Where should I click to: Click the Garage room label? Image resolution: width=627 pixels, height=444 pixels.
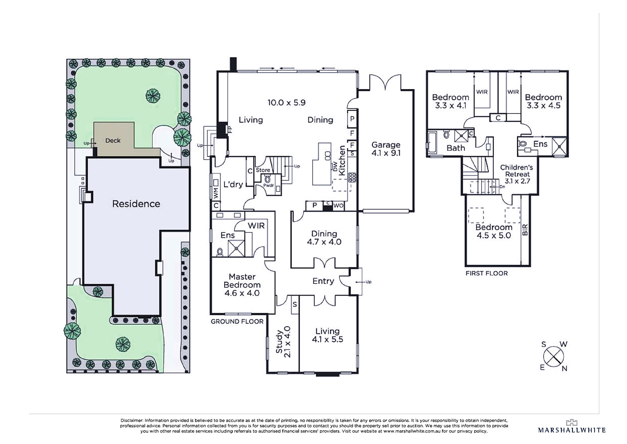pos(386,149)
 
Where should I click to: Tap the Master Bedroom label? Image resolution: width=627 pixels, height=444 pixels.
pos(242,285)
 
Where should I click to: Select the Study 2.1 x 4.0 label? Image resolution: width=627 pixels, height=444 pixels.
pos(283,342)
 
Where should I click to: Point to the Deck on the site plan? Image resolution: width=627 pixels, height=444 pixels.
pos(113,141)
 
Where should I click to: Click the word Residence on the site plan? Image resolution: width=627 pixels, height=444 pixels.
pos(136,204)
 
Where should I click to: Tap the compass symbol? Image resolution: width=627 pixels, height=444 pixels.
pos(553,356)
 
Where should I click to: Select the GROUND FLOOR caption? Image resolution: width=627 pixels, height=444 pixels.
pos(237,322)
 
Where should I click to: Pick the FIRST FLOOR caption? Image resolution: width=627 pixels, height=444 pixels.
pos(486,273)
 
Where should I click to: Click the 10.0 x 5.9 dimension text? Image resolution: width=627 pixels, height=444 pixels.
pos(286,102)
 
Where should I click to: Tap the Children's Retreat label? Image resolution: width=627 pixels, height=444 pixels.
pos(517,174)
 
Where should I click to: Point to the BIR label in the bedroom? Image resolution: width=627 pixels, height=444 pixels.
pos(525,230)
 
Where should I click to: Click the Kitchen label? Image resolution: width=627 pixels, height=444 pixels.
pos(342,161)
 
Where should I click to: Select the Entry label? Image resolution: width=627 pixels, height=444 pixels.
pos(323,281)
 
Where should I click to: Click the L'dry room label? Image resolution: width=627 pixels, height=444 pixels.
pos(233,184)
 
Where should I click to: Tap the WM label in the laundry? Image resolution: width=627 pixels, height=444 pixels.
pos(216,193)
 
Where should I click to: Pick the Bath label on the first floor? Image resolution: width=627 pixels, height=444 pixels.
pos(456,148)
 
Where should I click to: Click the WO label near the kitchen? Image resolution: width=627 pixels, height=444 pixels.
pos(339,206)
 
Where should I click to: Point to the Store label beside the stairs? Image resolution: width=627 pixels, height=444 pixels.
pos(263,170)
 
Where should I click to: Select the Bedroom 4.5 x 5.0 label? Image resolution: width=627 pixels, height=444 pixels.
pos(494,231)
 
